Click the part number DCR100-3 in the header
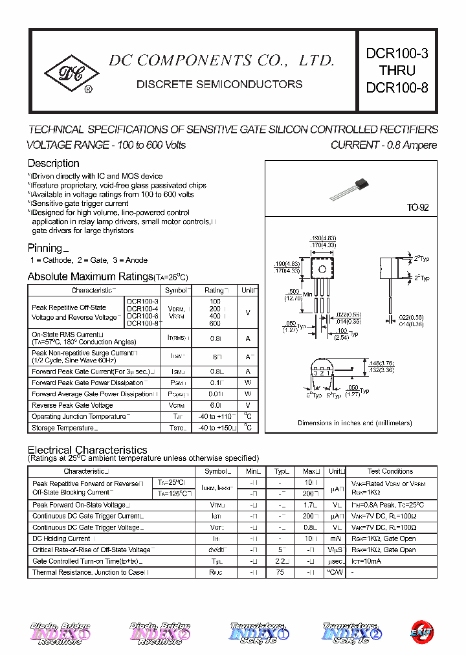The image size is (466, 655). point(397,54)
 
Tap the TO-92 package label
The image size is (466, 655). point(417,208)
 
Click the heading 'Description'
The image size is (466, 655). point(53,163)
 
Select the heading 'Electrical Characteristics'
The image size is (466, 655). point(87,450)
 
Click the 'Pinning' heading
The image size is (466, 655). point(45,248)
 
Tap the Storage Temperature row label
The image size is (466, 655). point(63,428)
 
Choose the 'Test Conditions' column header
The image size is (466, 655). point(390,471)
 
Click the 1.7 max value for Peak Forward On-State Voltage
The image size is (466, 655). point(309,505)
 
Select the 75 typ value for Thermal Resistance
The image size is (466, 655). point(280,572)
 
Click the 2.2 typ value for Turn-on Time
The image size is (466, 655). point(281,561)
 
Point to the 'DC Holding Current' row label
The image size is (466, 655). point(61,538)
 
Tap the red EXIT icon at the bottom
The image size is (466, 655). point(421,632)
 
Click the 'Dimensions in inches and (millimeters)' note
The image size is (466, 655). point(355,423)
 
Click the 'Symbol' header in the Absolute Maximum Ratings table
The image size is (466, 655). point(176,291)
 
